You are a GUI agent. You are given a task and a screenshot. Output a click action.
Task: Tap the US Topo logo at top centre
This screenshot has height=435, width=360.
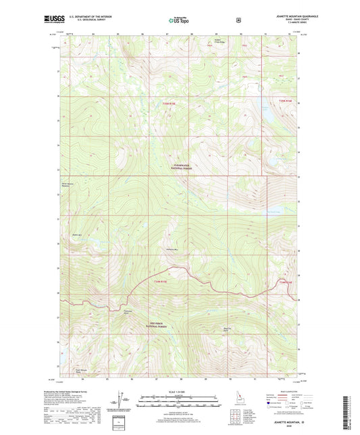pos(180,21)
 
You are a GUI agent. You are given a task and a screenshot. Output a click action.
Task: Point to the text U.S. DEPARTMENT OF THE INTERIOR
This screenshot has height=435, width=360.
pos(93,16)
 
